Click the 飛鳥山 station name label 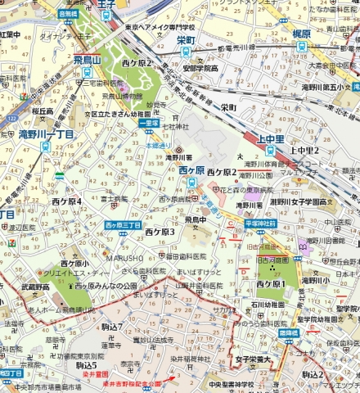tap(86, 59)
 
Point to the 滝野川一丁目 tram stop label tap(47, 133)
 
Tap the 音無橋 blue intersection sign tap(69, 14)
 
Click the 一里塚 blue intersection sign tap(148, 123)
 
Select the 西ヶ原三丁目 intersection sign tap(123, 224)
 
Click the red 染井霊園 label tap(95, 374)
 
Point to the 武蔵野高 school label tap(35, 287)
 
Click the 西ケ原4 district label tap(67, 201)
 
